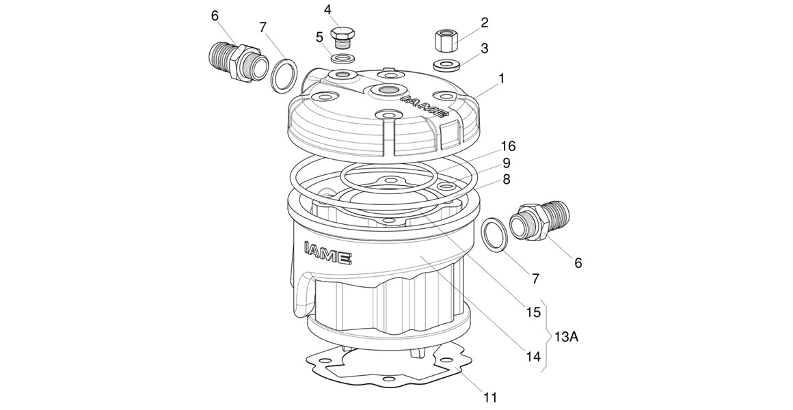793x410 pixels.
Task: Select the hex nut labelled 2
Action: tap(445, 40)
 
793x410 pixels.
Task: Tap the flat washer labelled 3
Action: tap(446, 65)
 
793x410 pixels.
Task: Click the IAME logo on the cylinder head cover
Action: tap(424, 103)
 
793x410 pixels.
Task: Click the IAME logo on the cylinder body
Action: tap(328, 251)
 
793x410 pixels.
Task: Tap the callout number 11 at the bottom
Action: tap(489, 397)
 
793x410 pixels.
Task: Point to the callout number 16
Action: tap(508, 147)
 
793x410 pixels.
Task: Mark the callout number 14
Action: tap(533, 357)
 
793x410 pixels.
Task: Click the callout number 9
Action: tap(507, 163)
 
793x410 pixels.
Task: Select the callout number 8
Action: tap(507, 180)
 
